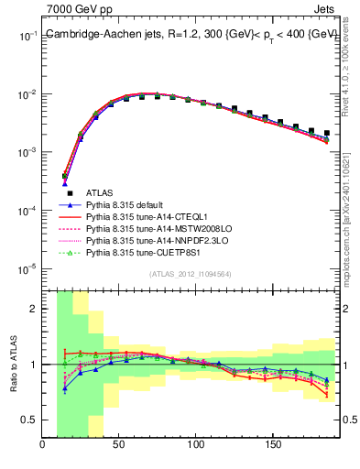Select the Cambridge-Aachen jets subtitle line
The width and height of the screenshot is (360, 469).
pyautogui.click(x=191, y=34)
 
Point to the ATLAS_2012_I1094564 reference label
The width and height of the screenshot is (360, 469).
pyautogui.click(x=191, y=273)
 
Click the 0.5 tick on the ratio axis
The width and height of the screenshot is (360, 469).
pyautogui.click(x=28, y=420)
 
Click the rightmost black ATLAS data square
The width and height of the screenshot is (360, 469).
pyautogui.click(x=327, y=133)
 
